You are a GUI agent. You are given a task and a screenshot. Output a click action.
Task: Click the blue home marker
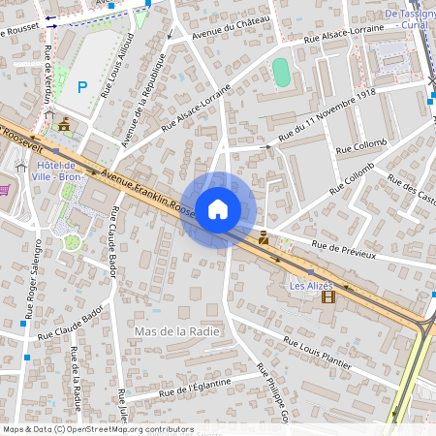pos(218,208)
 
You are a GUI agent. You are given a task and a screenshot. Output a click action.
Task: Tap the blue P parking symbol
pos(82,86)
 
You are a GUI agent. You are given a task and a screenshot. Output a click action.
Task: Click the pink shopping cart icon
pos(4,189)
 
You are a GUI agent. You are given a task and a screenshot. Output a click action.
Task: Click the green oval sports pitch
pos(281,72)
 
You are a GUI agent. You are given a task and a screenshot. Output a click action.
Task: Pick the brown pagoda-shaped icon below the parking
pos(64,125)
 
